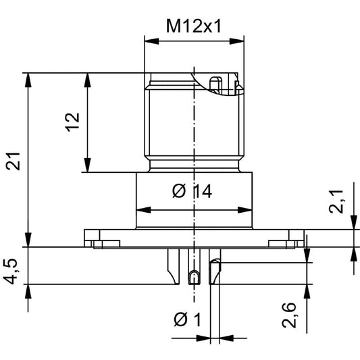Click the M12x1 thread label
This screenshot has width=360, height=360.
[x=195, y=26]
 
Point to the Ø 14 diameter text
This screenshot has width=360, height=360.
[x=192, y=192]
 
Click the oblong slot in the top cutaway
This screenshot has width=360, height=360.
[x=215, y=85]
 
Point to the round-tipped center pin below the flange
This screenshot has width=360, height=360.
[x=194, y=277]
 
